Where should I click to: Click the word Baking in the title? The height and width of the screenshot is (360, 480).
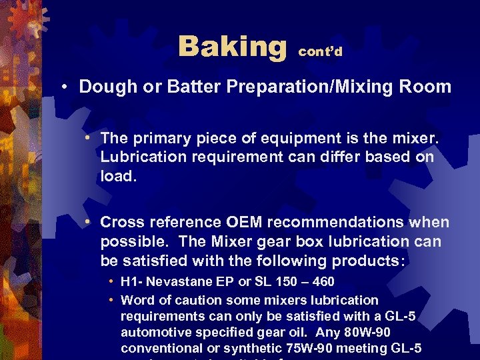pyautogui.click(x=231, y=47)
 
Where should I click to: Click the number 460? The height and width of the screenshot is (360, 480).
pyautogui.click(x=321, y=283)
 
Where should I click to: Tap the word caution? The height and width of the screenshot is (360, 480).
pyautogui.click(x=184, y=300)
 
